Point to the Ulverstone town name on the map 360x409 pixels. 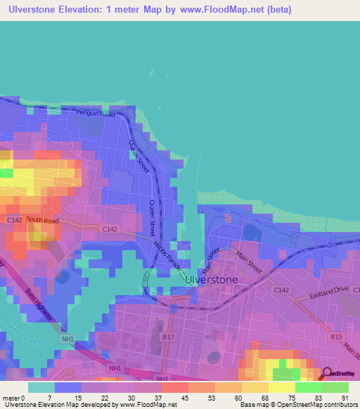(x=211, y=279)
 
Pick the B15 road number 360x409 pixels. (x=337, y=338)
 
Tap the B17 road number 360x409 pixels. (x=168, y=338)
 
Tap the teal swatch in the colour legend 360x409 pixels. (x=41, y=387)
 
